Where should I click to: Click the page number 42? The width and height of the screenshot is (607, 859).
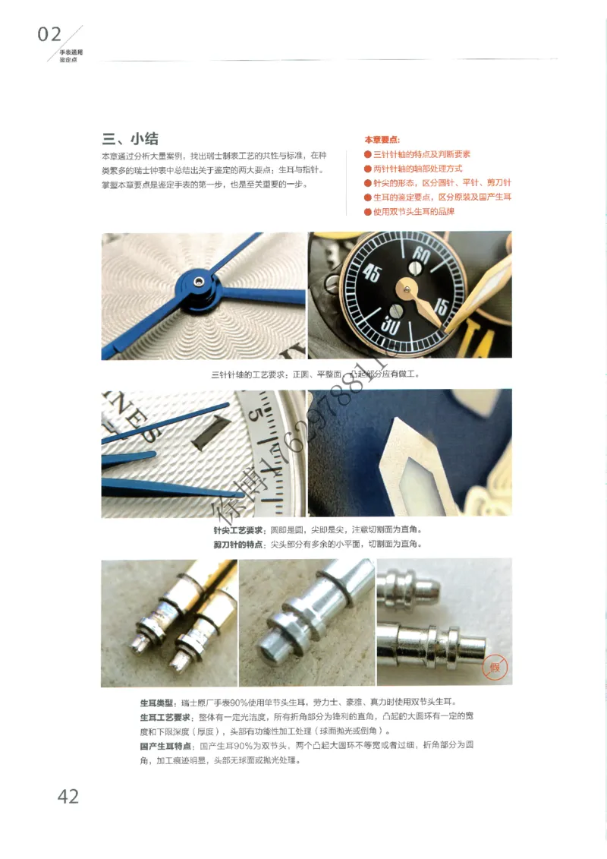(68, 796)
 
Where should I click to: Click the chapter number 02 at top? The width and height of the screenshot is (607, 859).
(49, 34)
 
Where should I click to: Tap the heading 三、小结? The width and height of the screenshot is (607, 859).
(131, 138)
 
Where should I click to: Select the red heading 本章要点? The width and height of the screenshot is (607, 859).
(382, 140)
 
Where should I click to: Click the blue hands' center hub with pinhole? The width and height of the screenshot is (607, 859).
(198, 283)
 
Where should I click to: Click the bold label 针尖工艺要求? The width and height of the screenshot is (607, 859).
(238, 529)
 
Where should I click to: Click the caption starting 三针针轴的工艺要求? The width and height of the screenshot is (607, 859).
(315, 374)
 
